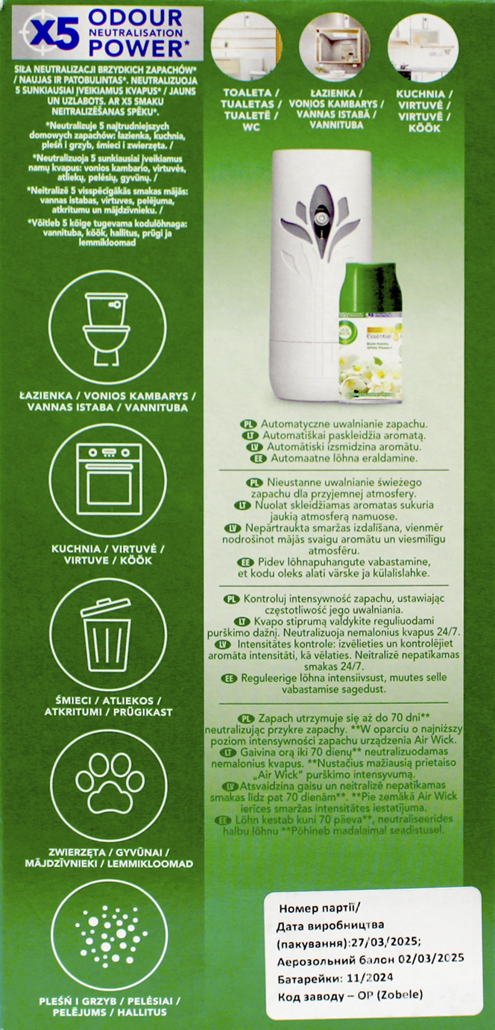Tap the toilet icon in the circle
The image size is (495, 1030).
pos(107,329)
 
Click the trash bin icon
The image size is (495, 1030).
pos(106,634)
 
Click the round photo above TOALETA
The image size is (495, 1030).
pos(246,46)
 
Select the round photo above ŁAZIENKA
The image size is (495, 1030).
pos(334,46)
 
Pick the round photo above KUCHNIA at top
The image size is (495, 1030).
pos(423,46)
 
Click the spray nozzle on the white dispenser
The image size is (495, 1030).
pos(322,216)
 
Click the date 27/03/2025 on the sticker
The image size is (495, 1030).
pos(384,941)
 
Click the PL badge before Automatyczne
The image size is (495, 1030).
pos(248,424)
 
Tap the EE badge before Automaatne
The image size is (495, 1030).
pos(258,458)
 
